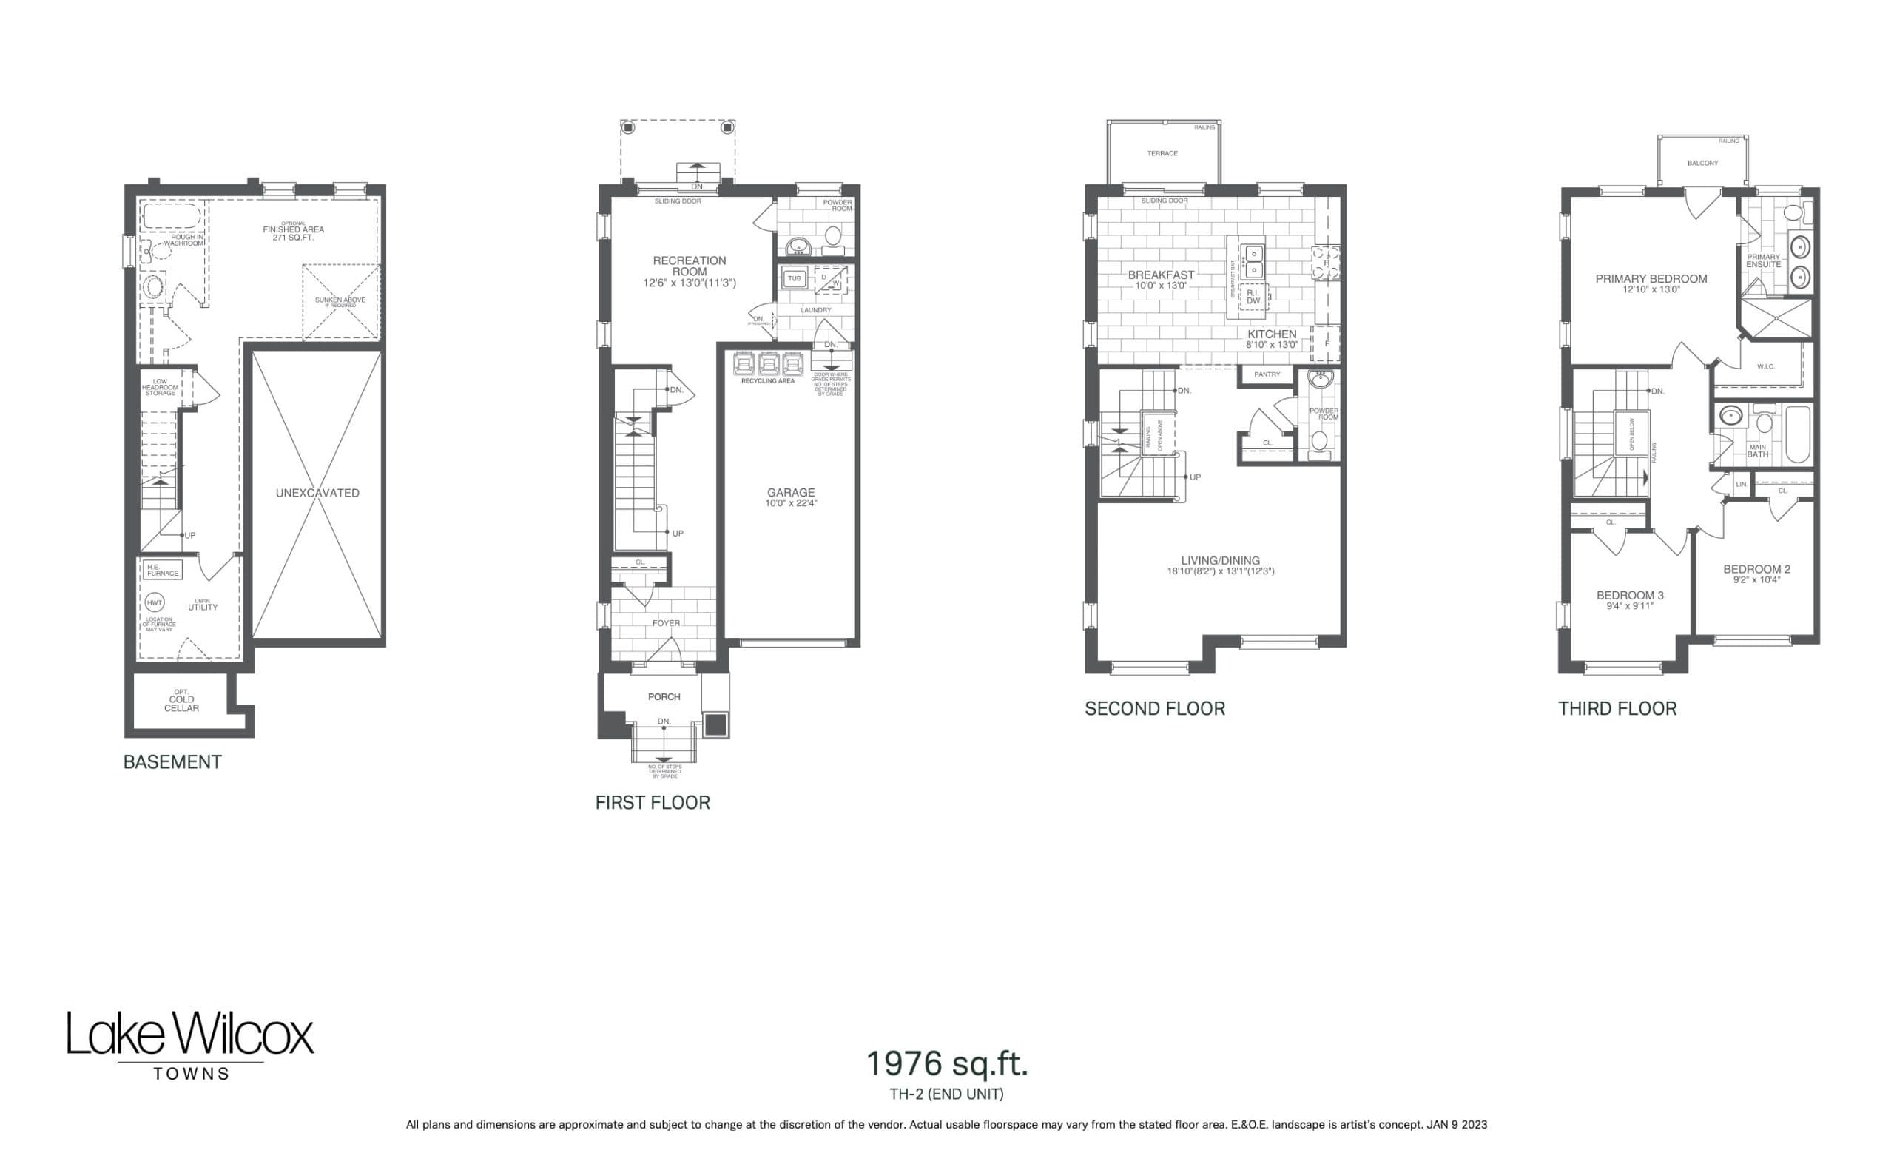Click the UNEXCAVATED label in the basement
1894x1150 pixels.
317,493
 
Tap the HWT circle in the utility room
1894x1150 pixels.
155,602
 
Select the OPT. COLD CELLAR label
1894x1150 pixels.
181,700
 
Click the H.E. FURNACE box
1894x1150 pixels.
162,571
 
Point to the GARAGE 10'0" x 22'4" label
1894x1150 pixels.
790,497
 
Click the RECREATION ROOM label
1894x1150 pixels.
690,266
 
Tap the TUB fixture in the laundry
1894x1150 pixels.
794,278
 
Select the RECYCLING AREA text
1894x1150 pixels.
767,381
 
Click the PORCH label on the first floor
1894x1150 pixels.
664,696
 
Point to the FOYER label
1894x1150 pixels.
666,623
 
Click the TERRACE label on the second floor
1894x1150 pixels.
1162,154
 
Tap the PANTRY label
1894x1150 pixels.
1267,374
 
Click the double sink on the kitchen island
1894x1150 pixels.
1254,261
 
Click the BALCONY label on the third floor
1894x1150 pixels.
1702,163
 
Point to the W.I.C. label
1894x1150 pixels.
1765,366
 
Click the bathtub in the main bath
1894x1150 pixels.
1798,434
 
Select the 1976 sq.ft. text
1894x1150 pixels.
946,1064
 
